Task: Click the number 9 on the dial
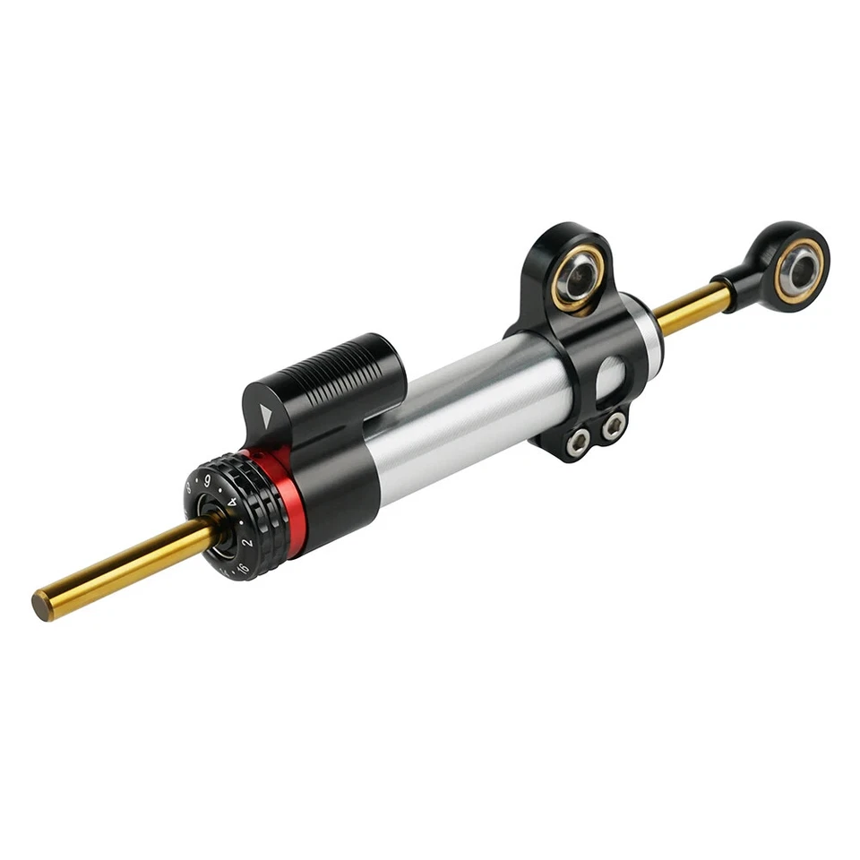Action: [208, 481]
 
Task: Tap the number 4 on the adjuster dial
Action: [232, 503]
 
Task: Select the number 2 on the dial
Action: [248, 543]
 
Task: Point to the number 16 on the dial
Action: [242, 568]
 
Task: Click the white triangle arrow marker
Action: [266, 413]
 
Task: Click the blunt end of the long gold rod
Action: [41, 606]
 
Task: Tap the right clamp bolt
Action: [614, 426]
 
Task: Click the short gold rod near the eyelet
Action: [690, 307]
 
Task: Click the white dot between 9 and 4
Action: [221, 489]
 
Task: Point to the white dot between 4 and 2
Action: [242, 523]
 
